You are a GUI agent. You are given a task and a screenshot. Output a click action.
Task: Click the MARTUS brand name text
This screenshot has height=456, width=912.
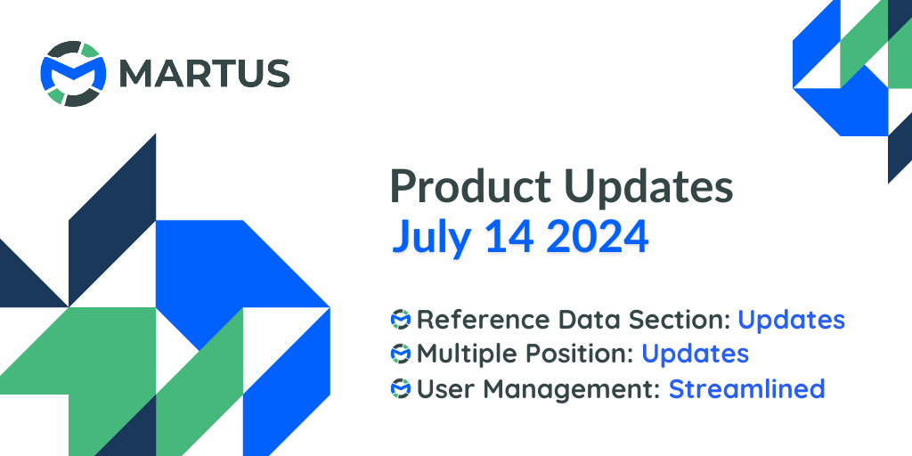pyautogui.click(x=205, y=74)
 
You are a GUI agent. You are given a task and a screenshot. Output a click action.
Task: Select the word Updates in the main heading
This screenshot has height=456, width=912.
pyautogui.click(x=650, y=189)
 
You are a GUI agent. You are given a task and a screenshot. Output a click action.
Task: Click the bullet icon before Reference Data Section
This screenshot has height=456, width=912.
pyautogui.click(x=401, y=319)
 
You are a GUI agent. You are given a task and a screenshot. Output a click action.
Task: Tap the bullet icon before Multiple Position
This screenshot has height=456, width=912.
pyautogui.click(x=401, y=354)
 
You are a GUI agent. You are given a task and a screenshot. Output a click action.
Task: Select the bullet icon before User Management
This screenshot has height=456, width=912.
pyautogui.click(x=401, y=389)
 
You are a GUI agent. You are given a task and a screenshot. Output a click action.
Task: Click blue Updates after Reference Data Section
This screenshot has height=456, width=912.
pyautogui.click(x=791, y=319)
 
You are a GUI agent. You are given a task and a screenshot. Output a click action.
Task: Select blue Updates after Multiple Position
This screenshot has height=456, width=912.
pyautogui.click(x=695, y=354)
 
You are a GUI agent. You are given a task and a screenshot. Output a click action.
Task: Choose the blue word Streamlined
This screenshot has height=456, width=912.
pyautogui.click(x=746, y=389)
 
